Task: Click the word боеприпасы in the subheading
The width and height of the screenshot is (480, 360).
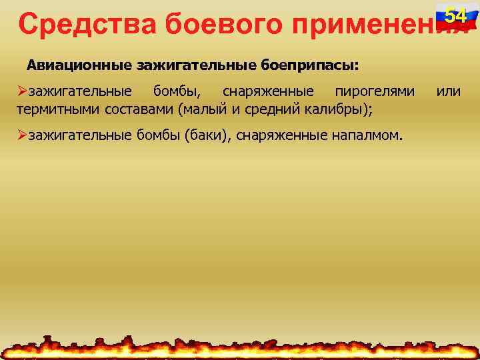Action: point(312,66)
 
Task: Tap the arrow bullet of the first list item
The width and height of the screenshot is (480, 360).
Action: point(23,91)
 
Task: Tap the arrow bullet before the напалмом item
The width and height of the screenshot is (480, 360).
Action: point(23,135)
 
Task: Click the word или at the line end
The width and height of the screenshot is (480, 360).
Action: point(448,91)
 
